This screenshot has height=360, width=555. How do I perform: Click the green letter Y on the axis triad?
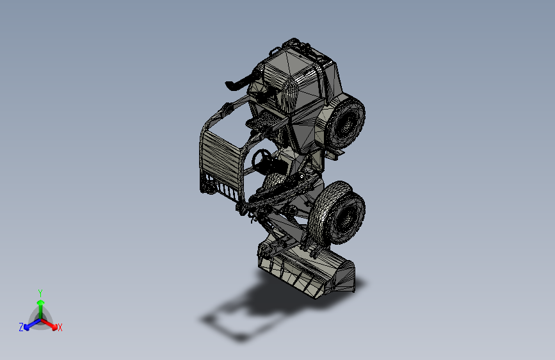40,292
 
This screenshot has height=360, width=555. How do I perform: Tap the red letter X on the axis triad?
60,328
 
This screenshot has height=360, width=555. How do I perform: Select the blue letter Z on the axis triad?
21,327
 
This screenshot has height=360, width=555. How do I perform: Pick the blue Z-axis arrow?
29,323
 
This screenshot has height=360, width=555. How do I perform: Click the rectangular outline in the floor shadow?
224,324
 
